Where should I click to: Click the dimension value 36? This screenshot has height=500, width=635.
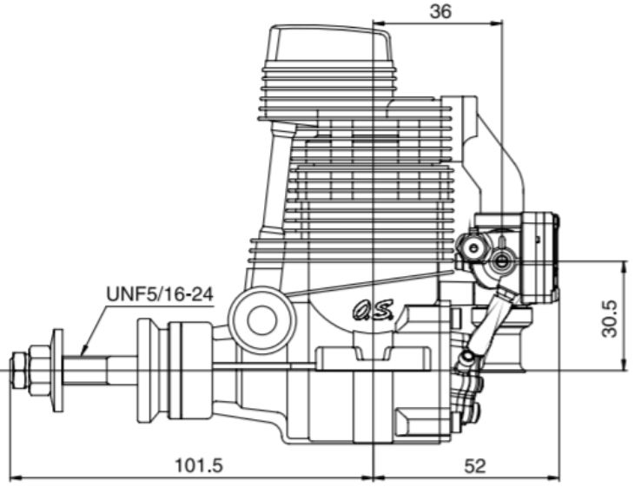(x=440, y=11)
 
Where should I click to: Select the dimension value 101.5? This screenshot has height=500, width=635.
(x=198, y=465)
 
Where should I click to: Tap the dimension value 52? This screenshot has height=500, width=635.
(x=474, y=466)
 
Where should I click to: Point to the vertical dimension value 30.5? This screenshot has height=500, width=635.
(x=609, y=319)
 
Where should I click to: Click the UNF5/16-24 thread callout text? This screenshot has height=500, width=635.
(x=160, y=294)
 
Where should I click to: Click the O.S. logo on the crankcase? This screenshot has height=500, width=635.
(x=373, y=310)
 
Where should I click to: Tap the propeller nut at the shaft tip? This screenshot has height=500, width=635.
(x=19, y=371)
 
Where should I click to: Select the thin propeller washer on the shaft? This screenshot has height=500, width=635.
(x=58, y=370)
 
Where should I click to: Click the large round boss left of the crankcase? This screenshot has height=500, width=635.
(x=262, y=320)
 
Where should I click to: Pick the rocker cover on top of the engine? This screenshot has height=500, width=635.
(x=331, y=43)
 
